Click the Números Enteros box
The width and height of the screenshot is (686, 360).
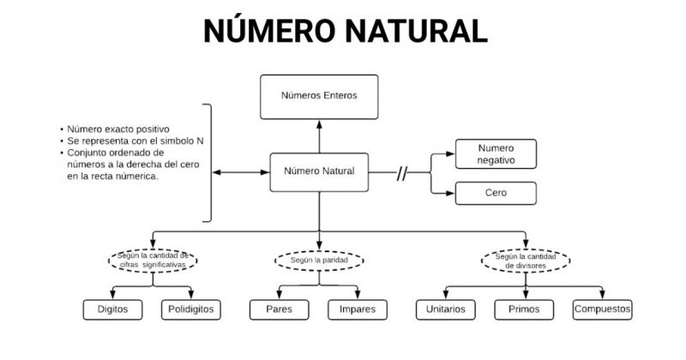[x=319, y=96]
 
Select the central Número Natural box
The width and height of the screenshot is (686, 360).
[x=319, y=171]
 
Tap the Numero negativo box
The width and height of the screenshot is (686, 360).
[x=496, y=154]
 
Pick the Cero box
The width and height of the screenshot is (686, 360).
[x=496, y=193]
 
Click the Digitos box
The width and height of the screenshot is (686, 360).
[x=114, y=309]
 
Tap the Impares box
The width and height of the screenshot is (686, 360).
[x=358, y=309]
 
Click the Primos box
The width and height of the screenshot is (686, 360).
[x=525, y=309]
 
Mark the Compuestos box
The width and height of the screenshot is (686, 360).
[x=602, y=309]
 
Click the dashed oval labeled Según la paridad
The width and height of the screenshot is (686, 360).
[x=318, y=259]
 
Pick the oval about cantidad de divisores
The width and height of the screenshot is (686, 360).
[x=524, y=260]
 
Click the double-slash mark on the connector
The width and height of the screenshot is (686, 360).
[x=401, y=173]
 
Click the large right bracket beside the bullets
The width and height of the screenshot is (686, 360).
[x=208, y=163]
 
